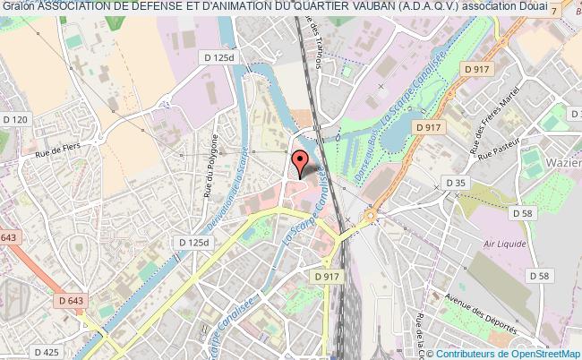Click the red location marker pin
(x=300, y=161)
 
